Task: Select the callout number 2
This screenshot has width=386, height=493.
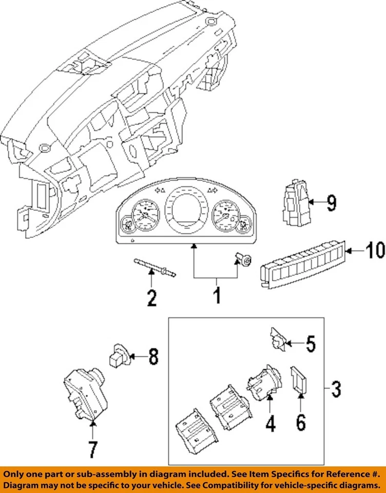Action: (x=152, y=297)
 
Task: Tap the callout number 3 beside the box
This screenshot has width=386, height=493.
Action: (x=336, y=389)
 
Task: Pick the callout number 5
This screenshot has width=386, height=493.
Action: (x=311, y=344)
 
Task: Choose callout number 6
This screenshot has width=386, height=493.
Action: (x=301, y=423)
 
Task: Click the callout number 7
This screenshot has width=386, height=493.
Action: (x=93, y=450)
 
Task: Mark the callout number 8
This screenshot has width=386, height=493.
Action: (x=153, y=357)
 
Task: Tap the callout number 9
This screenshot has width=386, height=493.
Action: (x=331, y=203)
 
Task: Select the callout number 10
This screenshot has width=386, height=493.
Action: (x=375, y=251)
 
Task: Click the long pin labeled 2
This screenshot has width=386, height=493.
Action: (x=155, y=268)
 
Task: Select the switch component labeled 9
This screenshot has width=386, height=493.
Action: (x=296, y=203)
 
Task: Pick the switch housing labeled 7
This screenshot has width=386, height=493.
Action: (x=86, y=394)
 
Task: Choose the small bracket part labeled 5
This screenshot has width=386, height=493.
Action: (x=279, y=339)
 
